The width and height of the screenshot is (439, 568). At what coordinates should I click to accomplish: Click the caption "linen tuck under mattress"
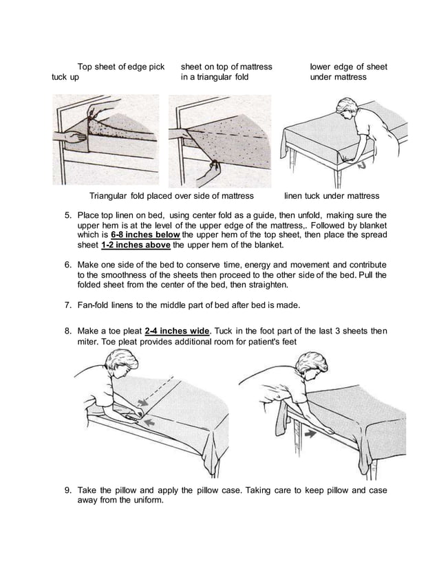tap(332, 196)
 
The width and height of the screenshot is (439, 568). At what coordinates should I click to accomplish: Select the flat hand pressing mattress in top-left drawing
tap(76, 137)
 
